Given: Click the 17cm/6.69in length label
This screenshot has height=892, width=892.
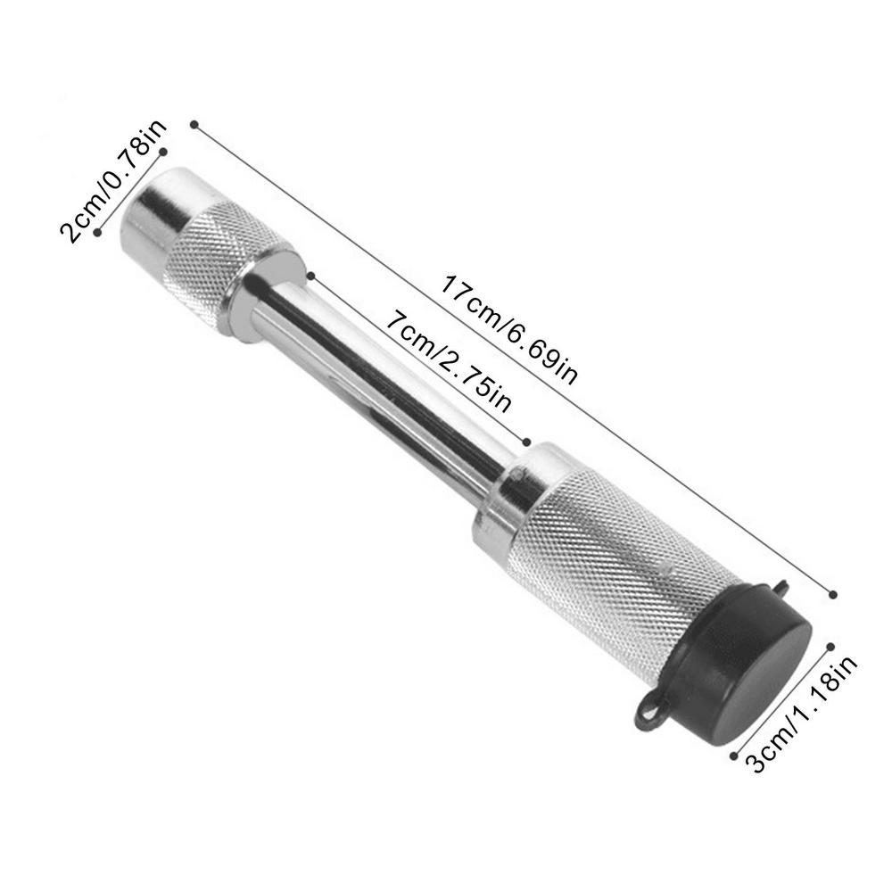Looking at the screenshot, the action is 509,330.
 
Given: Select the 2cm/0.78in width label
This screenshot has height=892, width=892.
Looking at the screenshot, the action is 113,181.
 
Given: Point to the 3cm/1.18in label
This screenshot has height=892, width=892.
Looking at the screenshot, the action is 804,714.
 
